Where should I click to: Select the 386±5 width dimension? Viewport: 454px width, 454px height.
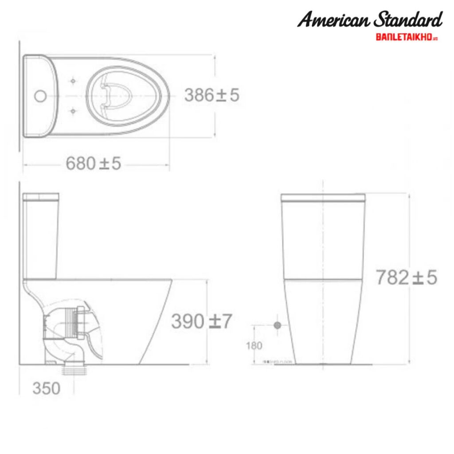click(x=211, y=95)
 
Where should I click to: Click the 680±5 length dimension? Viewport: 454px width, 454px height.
click(x=93, y=164)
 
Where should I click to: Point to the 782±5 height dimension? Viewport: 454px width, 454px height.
click(x=406, y=278)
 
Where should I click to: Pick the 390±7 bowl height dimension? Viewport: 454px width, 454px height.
click(x=201, y=321)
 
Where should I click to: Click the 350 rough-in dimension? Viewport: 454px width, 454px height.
click(x=46, y=388)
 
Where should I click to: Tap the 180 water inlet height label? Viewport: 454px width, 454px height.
click(x=254, y=346)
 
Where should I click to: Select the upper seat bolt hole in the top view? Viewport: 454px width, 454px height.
click(x=73, y=81)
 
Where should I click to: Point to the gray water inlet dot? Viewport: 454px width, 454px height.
click(x=278, y=325)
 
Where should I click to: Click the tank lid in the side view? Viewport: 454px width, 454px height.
click(x=41, y=196)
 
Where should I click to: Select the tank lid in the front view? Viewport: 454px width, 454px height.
click(x=323, y=197)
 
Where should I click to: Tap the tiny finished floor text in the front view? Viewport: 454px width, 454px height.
click(x=278, y=362)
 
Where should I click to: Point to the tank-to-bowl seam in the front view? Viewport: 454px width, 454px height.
click(x=323, y=279)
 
